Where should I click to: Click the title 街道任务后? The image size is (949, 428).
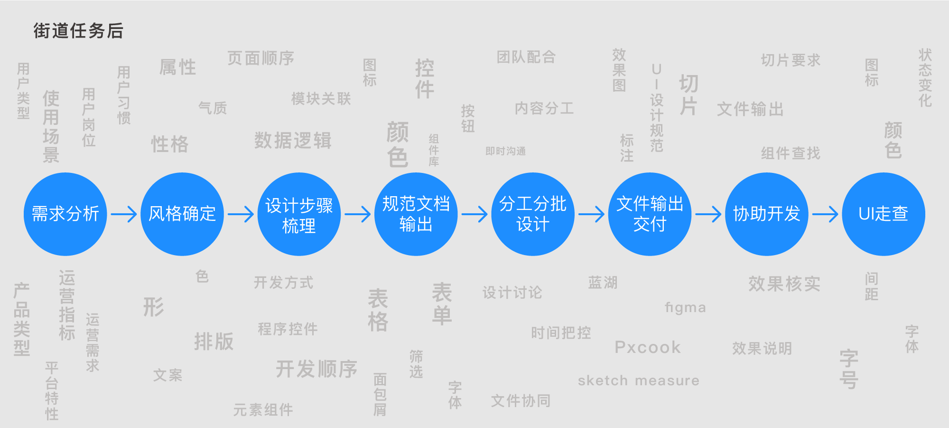pyautogui.click(x=78, y=31)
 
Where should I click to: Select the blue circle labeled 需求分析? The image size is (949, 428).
pyautogui.click(x=65, y=214)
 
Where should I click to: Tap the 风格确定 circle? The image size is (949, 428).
pyautogui.click(x=182, y=214)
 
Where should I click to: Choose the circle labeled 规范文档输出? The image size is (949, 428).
pyautogui.click(x=416, y=214)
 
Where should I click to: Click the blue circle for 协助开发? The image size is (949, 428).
pyautogui.click(x=767, y=214)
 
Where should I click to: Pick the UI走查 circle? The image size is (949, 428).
pyautogui.click(x=884, y=214)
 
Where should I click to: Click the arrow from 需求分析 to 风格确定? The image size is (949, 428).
pyautogui.click(x=124, y=214)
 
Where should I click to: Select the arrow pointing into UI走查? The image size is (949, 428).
pyautogui.click(x=826, y=214)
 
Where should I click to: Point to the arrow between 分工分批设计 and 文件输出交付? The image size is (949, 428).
pyautogui.click(x=592, y=214)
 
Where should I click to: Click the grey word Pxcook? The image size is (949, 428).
pyautogui.click(x=648, y=347)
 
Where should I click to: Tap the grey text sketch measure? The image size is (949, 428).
pyautogui.click(x=639, y=380)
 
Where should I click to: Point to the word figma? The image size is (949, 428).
pyautogui.click(x=685, y=308)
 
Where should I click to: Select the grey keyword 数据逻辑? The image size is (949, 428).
pyautogui.click(x=293, y=141)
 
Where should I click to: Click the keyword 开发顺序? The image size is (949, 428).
pyautogui.click(x=316, y=369)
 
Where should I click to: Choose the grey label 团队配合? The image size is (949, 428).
pyautogui.click(x=526, y=57)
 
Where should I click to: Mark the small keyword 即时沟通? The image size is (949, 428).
pyautogui.click(x=505, y=151)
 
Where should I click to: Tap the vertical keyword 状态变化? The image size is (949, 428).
pyautogui.click(x=925, y=77)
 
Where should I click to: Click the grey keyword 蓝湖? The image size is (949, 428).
pyautogui.click(x=603, y=283)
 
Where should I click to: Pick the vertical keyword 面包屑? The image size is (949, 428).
pyautogui.click(x=380, y=394)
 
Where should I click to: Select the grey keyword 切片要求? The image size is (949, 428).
pyautogui.click(x=791, y=60)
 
